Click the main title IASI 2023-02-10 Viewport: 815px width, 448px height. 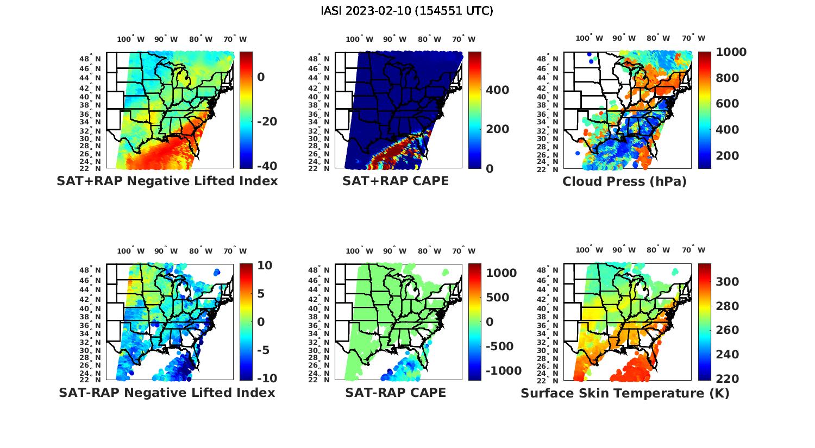pyautogui.click(x=407, y=11)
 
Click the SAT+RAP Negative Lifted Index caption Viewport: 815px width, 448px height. pyautogui.click(x=167, y=181)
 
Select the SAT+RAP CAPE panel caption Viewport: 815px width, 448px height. pyautogui.click(x=396, y=181)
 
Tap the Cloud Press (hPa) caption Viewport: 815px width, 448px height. pyautogui.click(x=624, y=181)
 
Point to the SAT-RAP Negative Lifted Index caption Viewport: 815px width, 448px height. pyautogui.click(x=167, y=393)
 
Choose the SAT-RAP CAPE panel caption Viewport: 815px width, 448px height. pyautogui.click(x=396, y=393)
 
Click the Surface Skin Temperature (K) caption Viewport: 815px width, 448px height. pyautogui.click(x=625, y=393)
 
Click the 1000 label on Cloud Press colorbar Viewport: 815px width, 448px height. pyautogui.click(x=731, y=52)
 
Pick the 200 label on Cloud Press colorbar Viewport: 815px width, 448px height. pyautogui.click(x=728, y=155)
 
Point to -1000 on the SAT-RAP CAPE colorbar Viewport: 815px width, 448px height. pyautogui.click(x=504, y=371)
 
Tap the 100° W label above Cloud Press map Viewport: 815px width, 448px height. pyautogui.click(x=590, y=39)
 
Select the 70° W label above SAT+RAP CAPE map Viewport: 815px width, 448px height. pyautogui.click(x=463, y=39)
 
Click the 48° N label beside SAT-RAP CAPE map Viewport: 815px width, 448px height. pyautogui.click(x=323, y=270)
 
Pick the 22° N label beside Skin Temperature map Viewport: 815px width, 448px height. pyautogui.click(x=551, y=380)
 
